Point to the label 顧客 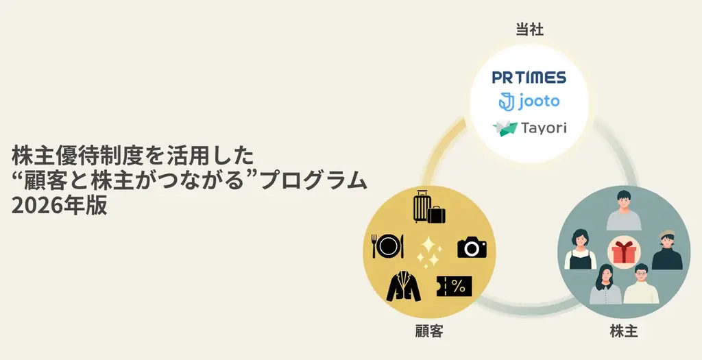click(x=429, y=333)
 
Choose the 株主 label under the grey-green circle click(x=624, y=333)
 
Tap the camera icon click(x=472, y=245)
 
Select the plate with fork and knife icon click(x=387, y=245)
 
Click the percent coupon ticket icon click(x=454, y=286)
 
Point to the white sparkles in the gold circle click(x=429, y=251)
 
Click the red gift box click(x=624, y=252)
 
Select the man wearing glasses click(x=641, y=285)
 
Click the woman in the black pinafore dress click(x=580, y=250)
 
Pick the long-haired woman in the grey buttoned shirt click(x=605, y=285)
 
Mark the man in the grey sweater click(x=624, y=210)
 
